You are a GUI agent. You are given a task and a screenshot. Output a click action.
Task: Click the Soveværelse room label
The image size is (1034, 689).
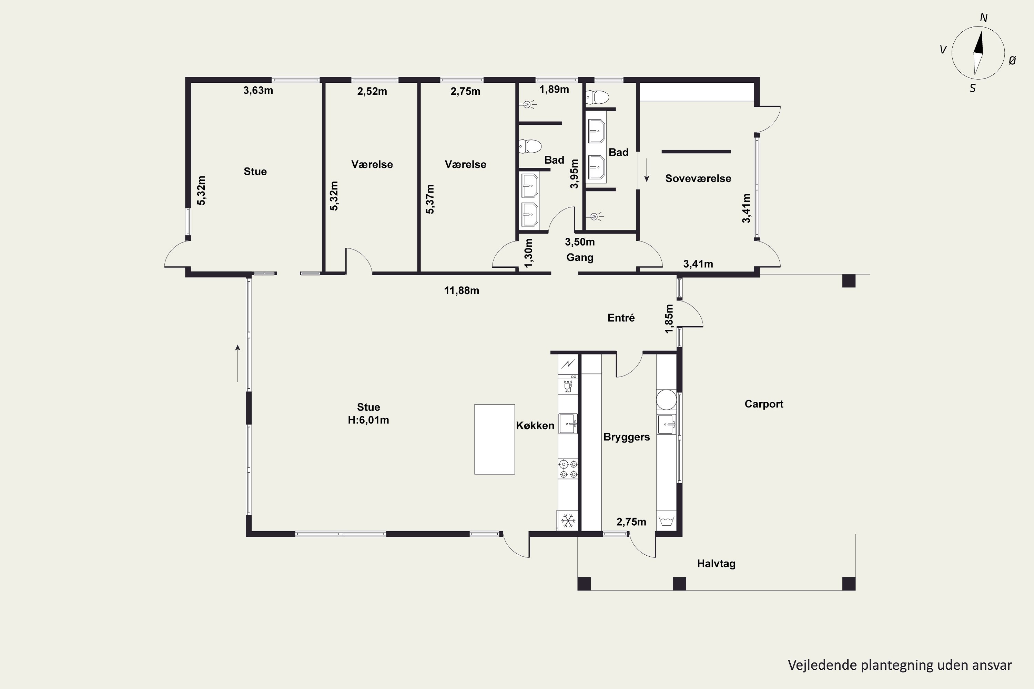(698, 178)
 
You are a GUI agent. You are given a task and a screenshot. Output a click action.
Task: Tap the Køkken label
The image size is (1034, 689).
(535, 425)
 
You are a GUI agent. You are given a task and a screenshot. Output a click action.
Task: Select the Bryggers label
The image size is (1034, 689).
(627, 437)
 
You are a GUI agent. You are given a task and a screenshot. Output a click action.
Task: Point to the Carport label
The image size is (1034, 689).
(764, 404)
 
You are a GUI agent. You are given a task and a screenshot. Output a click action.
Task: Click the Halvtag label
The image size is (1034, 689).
(716, 563)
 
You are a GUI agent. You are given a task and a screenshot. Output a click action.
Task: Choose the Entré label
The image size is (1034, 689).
(621, 318)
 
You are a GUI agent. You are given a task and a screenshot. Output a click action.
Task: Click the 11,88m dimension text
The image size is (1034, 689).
(462, 290)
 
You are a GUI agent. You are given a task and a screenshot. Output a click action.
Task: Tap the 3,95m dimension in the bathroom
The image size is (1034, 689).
(574, 174)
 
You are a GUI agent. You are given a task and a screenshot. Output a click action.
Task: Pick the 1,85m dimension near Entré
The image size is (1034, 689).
(669, 319)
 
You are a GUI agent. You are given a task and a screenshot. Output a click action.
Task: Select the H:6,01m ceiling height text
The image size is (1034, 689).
(368, 420)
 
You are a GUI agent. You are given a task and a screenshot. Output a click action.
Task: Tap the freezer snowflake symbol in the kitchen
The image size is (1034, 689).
(568, 521)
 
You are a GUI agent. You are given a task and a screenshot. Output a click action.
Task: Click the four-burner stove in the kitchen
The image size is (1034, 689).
(568, 469)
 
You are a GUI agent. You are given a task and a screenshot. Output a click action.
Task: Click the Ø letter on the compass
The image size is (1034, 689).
(1012, 61)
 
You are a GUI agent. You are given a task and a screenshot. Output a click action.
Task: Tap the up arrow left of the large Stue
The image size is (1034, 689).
(238, 363)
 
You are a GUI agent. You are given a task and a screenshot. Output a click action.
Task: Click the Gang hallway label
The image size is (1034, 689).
(580, 257)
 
